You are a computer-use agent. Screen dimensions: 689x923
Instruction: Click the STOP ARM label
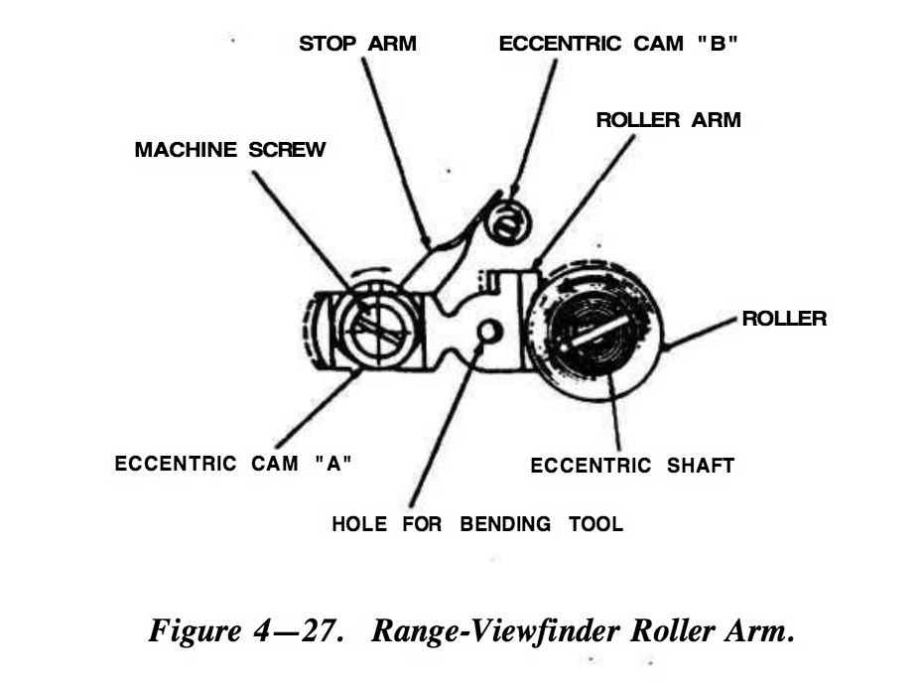point(357,44)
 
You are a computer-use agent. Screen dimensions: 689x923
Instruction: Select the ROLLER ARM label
point(668,120)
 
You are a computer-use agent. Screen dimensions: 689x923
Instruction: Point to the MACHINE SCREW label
point(229,150)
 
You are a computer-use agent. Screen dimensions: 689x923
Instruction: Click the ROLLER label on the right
point(784,319)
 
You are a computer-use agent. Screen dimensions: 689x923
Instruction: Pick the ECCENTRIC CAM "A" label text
point(234,464)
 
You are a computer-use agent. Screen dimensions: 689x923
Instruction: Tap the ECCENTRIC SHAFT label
point(632,466)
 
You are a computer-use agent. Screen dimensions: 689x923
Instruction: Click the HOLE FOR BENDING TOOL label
point(477,523)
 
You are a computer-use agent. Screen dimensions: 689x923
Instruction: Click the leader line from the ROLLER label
point(705,333)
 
